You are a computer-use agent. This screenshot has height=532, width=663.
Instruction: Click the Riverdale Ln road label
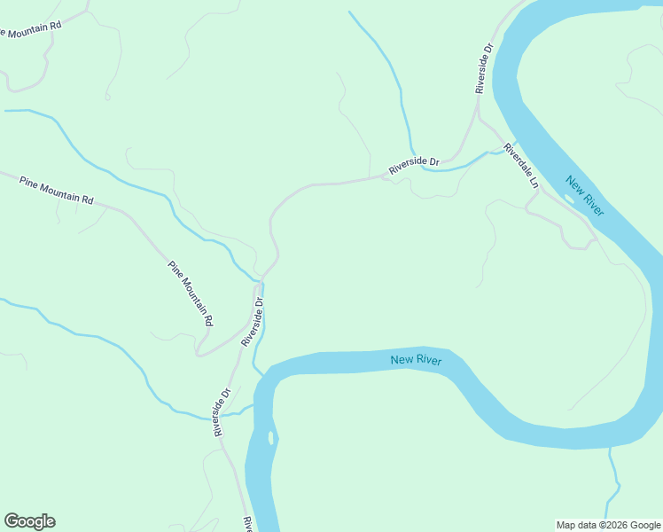tap(521, 166)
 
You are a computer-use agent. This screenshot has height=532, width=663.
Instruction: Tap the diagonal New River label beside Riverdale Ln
tap(585, 197)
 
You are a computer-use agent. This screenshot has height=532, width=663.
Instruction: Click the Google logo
tap(29, 521)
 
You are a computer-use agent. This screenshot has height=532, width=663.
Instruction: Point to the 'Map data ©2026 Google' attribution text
tap(608, 525)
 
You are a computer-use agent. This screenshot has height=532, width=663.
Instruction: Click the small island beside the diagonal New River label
tap(568, 199)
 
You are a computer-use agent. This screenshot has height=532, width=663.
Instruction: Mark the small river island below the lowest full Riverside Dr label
tap(269, 437)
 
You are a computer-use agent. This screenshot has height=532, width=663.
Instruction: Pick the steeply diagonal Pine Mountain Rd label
tap(191, 293)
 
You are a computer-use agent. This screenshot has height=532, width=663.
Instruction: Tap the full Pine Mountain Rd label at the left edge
tap(57, 190)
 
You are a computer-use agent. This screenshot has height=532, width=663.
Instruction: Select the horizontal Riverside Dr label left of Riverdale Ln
tap(414, 165)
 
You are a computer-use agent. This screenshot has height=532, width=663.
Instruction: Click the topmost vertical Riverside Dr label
tap(483, 68)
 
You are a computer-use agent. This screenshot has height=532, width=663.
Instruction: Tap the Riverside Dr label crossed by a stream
tap(222, 411)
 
